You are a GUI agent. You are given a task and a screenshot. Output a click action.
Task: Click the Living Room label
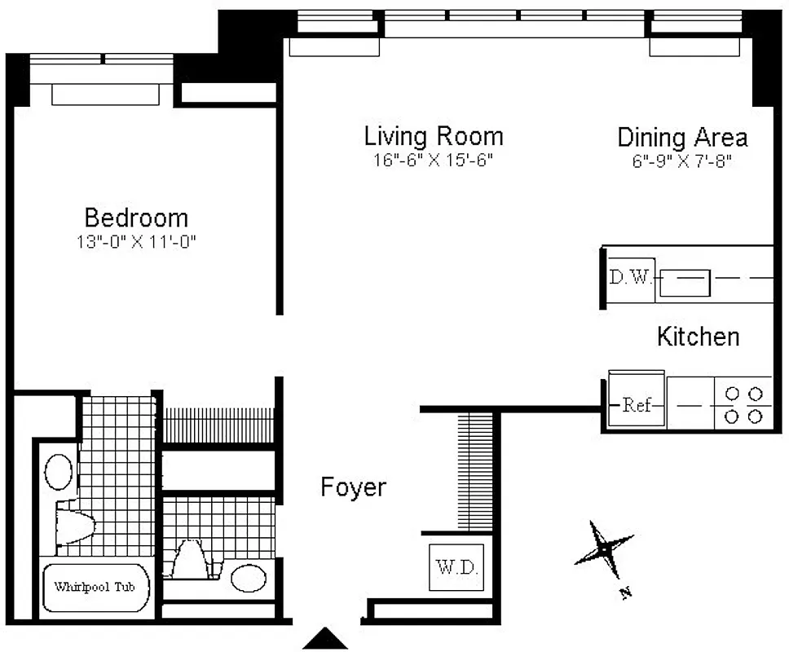pos(434,135)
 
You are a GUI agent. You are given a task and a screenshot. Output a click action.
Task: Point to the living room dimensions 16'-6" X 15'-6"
pos(434,161)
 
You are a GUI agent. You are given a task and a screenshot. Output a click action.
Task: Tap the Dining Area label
pos(682,137)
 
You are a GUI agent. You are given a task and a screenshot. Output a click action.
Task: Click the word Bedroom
pos(136,218)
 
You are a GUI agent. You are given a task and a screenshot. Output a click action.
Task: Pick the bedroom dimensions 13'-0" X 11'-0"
pos(137,242)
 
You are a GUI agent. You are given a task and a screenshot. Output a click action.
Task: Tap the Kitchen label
pos(699,336)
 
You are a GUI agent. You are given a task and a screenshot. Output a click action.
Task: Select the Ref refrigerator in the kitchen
pos(637,404)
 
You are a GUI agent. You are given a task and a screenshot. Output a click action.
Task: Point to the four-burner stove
pos(743,404)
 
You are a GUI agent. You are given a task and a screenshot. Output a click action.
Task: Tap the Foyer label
pos(353,487)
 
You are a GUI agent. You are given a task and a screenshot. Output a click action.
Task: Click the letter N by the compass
pos(626,593)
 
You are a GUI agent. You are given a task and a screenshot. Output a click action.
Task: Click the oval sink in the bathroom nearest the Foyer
pos(248,578)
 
